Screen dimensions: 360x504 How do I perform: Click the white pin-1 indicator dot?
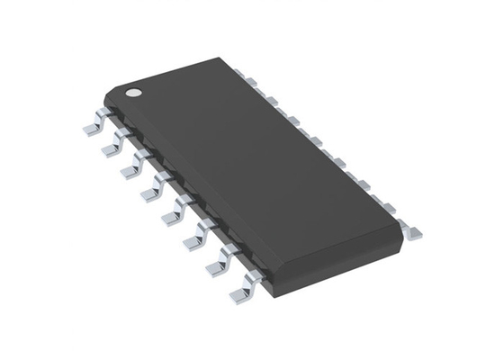(x=132, y=91)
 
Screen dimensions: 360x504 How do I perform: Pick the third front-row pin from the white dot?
(x=133, y=167)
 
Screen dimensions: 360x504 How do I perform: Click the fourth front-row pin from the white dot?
(x=154, y=189)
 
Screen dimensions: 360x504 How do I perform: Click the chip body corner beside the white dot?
(x=106, y=91)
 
